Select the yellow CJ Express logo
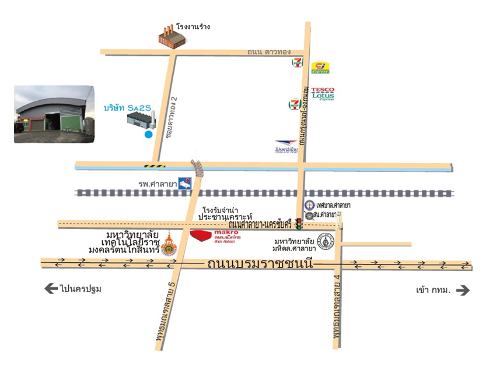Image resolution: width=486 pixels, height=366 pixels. pyautogui.click(x=320, y=68)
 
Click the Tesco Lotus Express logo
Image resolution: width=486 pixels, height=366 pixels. pyautogui.click(x=323, y=93)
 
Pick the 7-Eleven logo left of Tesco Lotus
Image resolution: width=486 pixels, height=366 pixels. pyautogui.click(x=295, y=105)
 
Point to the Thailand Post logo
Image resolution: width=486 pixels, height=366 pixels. pyautogui.click(x=286, y=147)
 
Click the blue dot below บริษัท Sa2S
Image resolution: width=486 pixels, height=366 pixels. pyautogui.click(x=148, y=135)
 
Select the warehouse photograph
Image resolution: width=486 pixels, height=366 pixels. pyautogui.click(x=54, y=114)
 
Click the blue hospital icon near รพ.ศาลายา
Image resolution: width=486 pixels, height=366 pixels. pyautogui.click(x=185, y=184)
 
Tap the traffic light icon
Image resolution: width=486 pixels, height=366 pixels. pyautogui.click(x=299, y=224)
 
